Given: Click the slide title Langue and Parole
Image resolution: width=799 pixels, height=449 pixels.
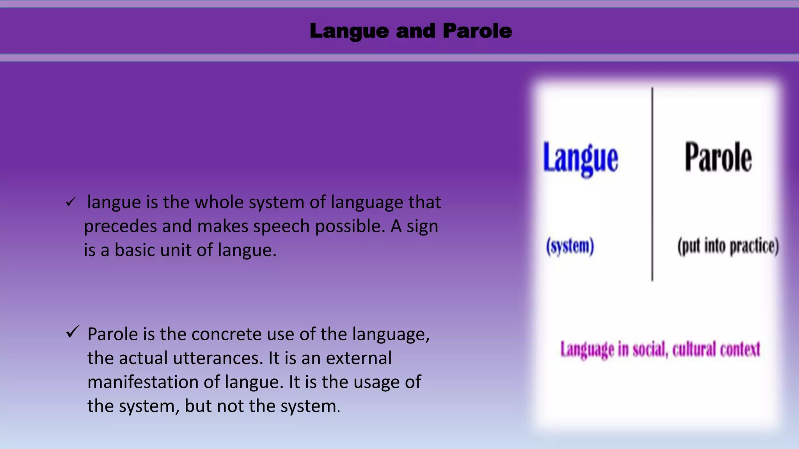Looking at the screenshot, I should (410, 31).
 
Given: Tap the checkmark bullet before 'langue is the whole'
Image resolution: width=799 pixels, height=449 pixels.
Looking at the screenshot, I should (71, 202).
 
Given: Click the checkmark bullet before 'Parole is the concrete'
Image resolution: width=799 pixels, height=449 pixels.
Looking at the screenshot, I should (73, 332).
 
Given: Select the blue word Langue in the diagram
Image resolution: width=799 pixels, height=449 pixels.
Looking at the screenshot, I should (581, 158).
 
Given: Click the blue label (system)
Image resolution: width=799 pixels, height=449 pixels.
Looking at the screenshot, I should (570, 246).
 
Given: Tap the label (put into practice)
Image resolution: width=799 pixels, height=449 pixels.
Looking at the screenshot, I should (728, 246).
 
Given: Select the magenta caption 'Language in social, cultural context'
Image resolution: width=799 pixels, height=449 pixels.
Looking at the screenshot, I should (660, 349).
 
